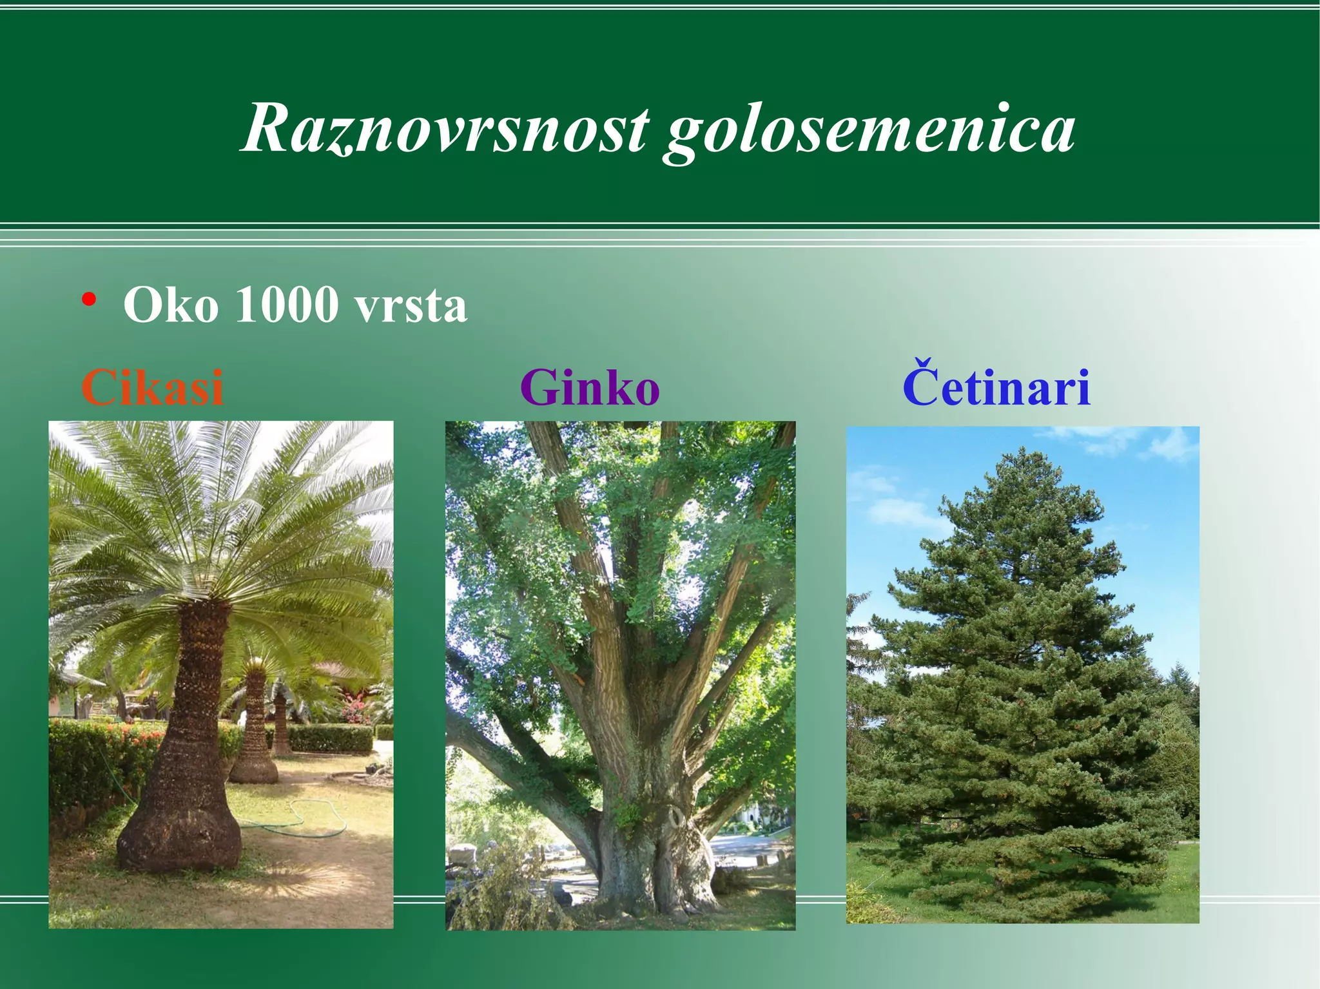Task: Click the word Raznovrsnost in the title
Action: [445, 129]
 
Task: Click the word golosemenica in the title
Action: [870, 132]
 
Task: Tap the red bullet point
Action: [89, 300]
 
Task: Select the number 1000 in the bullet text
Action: [287, 304]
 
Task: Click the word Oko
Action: [171, 304]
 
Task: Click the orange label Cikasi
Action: [153, 388]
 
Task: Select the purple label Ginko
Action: [590, 388]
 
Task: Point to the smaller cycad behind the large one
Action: [255, 728]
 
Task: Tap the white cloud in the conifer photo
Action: [902, 512]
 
